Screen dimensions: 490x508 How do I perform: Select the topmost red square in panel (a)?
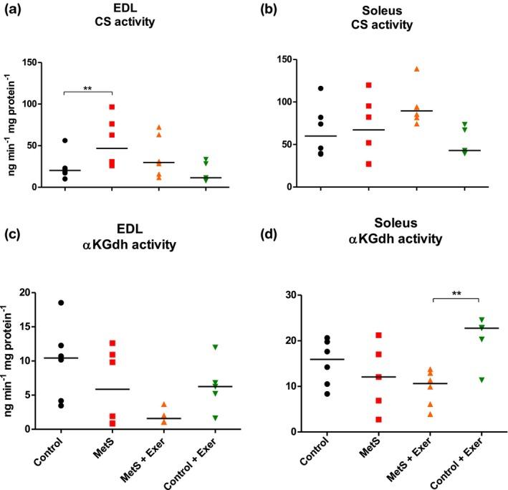(112, 107)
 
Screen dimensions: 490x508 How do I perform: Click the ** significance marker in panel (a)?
(88, 88)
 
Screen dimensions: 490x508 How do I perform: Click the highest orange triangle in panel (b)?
(416, 69)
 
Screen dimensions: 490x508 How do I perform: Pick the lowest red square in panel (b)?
(368, 164)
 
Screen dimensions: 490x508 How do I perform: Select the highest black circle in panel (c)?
(61, 303)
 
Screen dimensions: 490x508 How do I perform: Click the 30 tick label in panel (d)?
(292, 294)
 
